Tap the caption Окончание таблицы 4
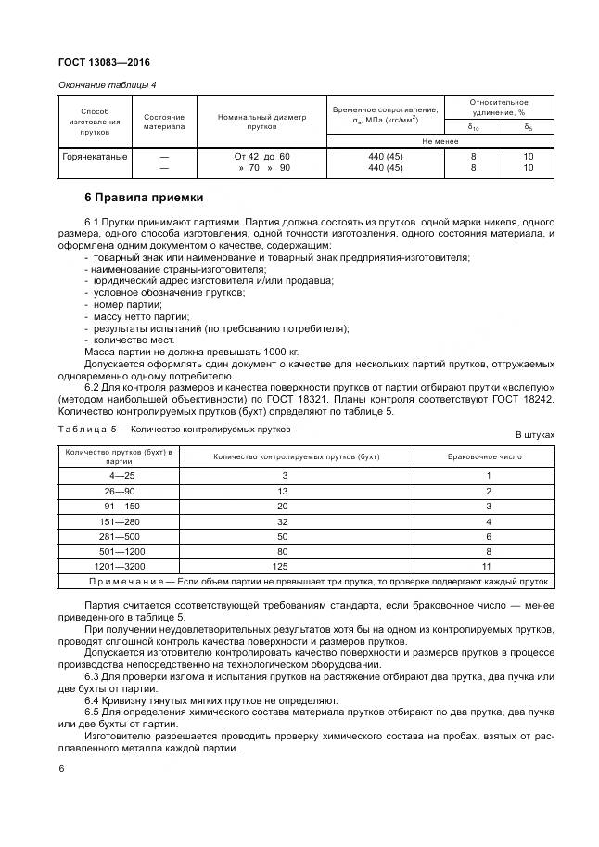(x=108, y=85)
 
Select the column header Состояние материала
(x=163, y=122)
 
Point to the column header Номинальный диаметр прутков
(x=261, y=122)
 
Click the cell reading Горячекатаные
(x=95, y=157)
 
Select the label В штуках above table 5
(x=534, y=434)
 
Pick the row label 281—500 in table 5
(x=119, y=536)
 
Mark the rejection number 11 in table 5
(x=488, y=566)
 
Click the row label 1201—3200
(x=119, y=566)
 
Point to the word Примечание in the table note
(x=126, y=582)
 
